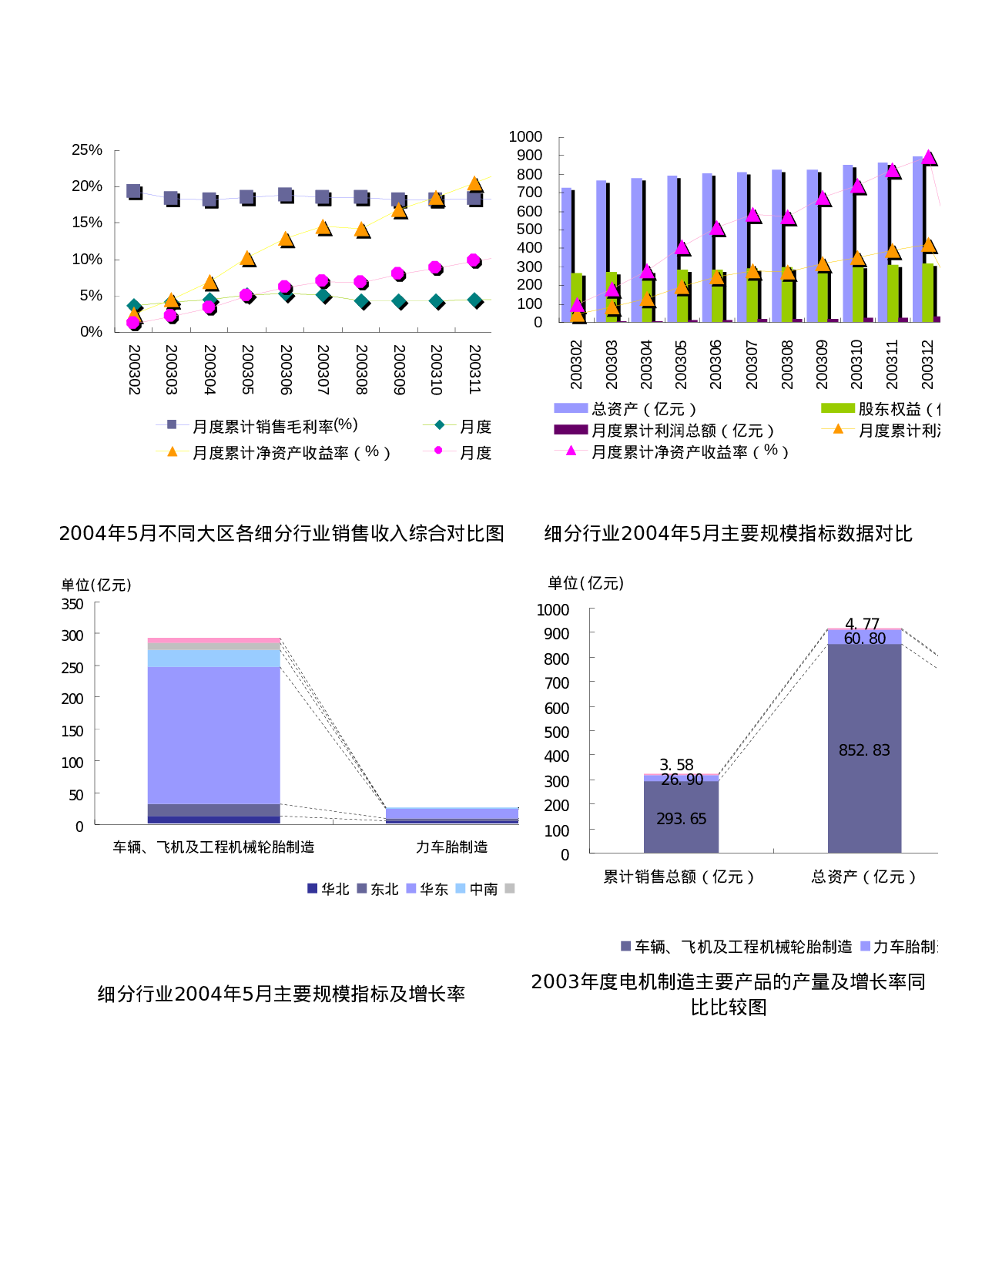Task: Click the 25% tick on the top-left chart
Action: click(86, 149)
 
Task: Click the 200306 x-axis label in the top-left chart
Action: click(286, 370)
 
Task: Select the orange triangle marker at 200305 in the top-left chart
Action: click(247, 258)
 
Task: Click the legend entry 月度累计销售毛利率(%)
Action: click(274, 425)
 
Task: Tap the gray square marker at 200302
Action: click(133, 191)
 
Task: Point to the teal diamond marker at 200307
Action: click(323, 295)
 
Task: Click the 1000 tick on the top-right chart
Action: click(525, 136)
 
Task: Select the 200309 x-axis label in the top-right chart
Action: click(821, 364)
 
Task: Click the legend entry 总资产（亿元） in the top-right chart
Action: click(643, 408)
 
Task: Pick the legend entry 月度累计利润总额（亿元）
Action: click(682, 430)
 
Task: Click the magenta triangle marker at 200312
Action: click(929, 158)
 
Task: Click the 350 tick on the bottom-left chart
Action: click(72, 604)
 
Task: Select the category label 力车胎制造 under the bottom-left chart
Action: click(451, 847)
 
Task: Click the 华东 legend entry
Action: click(433, 889)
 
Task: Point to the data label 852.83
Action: click(864, 750)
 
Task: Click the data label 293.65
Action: click(681, 819)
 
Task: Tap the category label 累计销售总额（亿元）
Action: click(679, 876)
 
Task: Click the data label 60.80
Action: click(864, 639)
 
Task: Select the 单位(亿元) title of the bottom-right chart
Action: click(585, 583)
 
